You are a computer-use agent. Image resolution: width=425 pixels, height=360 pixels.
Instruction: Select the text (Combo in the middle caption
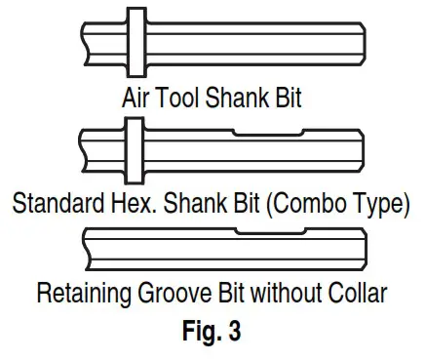click(296, 206)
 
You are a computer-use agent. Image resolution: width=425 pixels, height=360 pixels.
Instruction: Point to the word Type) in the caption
click(374, 206)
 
